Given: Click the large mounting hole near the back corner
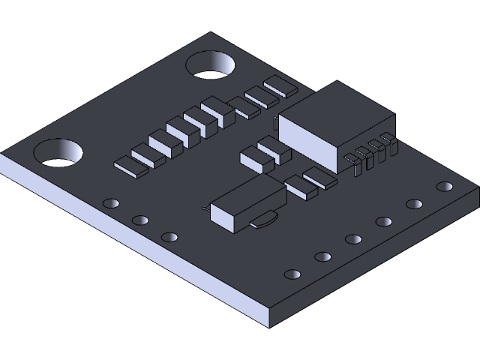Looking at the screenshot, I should coord(210,66).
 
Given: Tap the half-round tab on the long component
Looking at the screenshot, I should coord(264,220).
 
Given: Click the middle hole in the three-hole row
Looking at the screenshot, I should coord(140,220).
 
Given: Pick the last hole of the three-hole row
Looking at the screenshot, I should coord(169,237).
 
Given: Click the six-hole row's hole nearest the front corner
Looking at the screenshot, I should coord(292,274).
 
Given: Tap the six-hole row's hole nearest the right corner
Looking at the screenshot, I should coord(445,186).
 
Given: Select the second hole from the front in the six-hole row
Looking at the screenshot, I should coord(322,257).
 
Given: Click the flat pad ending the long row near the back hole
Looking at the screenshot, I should coord(280,87).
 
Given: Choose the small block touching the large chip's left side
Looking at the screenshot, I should coord(274,121).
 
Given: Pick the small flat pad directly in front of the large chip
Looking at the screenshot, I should coord(320,178).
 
